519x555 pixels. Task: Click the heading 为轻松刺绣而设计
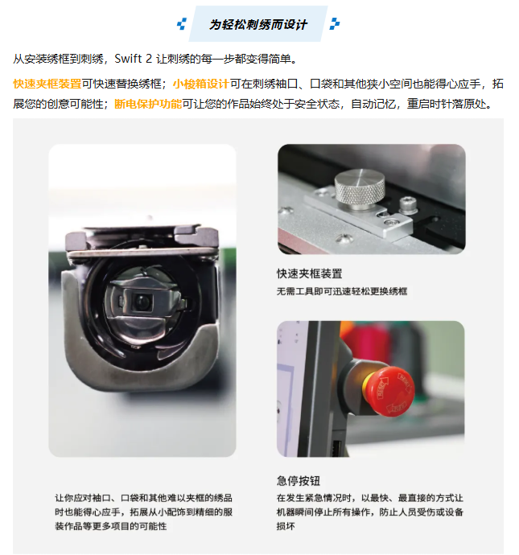coord(258,24)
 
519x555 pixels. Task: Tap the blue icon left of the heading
coord(182,24)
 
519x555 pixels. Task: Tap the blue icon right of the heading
coord(335,23)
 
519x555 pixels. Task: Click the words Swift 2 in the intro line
coord(134,59)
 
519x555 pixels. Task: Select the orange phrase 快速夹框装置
coord(47,84)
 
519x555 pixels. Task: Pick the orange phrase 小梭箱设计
coord(201,84)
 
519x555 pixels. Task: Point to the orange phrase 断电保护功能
coord(148,104)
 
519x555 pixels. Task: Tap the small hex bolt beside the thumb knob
coord(408,205)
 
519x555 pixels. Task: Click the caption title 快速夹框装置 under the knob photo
coord(310,273)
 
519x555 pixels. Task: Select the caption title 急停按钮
coord(299,481)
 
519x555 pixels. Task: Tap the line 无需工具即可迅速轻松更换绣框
coord(342,291)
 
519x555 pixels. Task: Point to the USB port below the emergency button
coord(336,448)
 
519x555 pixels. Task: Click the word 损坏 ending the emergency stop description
coord(286,526)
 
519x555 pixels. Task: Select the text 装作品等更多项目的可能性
coord(111,526)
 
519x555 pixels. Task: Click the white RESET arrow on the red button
coord(382,388)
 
